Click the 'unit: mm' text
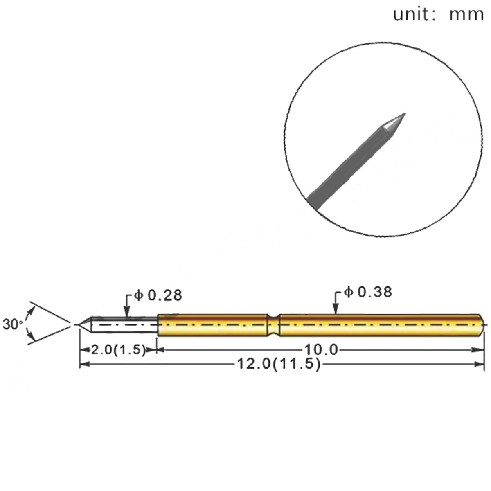[438, 14]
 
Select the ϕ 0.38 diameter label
[368, 292]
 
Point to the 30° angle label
[13, 324]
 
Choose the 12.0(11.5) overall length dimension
[279, 364]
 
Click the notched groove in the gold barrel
[273, 325]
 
